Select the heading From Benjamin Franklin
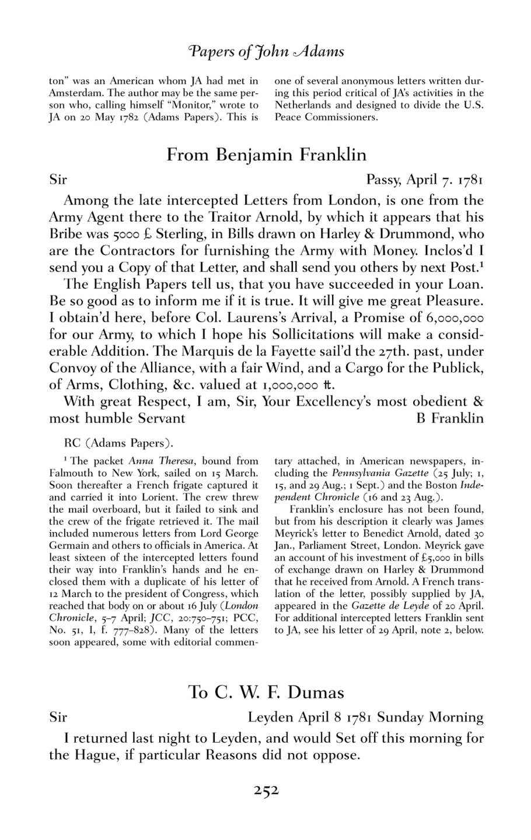point(267,155)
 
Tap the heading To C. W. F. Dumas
point(267,692)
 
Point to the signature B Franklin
point(449,418)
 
